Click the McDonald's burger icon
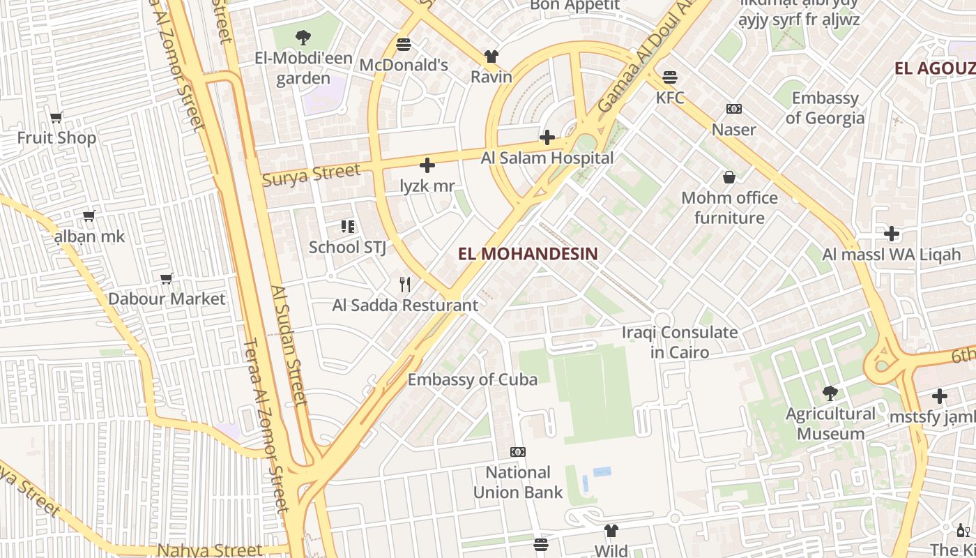[403, 45]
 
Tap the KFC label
[670, 97]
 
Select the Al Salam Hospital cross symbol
[547, 137]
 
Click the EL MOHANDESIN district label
[528, 254]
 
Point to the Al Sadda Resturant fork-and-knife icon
[404, 284]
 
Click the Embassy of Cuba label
[472, 379]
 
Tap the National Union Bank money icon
[517, 452]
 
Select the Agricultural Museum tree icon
[830, 393]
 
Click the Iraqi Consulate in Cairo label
[679, 342]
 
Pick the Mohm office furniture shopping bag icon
[729, 177]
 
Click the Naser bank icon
[733, 109]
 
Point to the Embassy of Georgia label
[825, 107]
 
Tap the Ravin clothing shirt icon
[491, 56]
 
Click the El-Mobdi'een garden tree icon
[303, 38]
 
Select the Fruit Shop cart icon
[56, 117]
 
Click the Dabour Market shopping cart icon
[167, 279]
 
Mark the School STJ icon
[347, 226]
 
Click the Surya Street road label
[311, 174]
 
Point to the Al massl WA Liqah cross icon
[891, 234]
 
